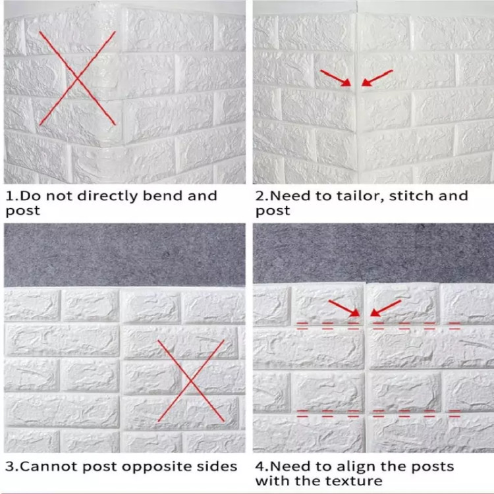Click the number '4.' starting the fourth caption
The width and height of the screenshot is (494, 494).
pyautogui.click(x=262, y=466)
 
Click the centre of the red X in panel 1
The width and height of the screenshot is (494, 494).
pyautogui.click(x=77, y=78)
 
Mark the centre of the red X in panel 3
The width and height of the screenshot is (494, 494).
pyautogui.click(x=191, y=381)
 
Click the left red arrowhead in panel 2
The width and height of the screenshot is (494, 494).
pyautogui.click(x=346, y=82)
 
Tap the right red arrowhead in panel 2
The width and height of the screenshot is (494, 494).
pyautogui.click(x=366, y=82)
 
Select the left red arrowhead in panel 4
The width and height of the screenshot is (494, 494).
pyautogui.click(x=356, y=312)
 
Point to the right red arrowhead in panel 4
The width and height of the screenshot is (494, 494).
pyautogui.click(x=375, y=312)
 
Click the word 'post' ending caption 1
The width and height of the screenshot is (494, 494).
pyautogui.click(x=22, y=211)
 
